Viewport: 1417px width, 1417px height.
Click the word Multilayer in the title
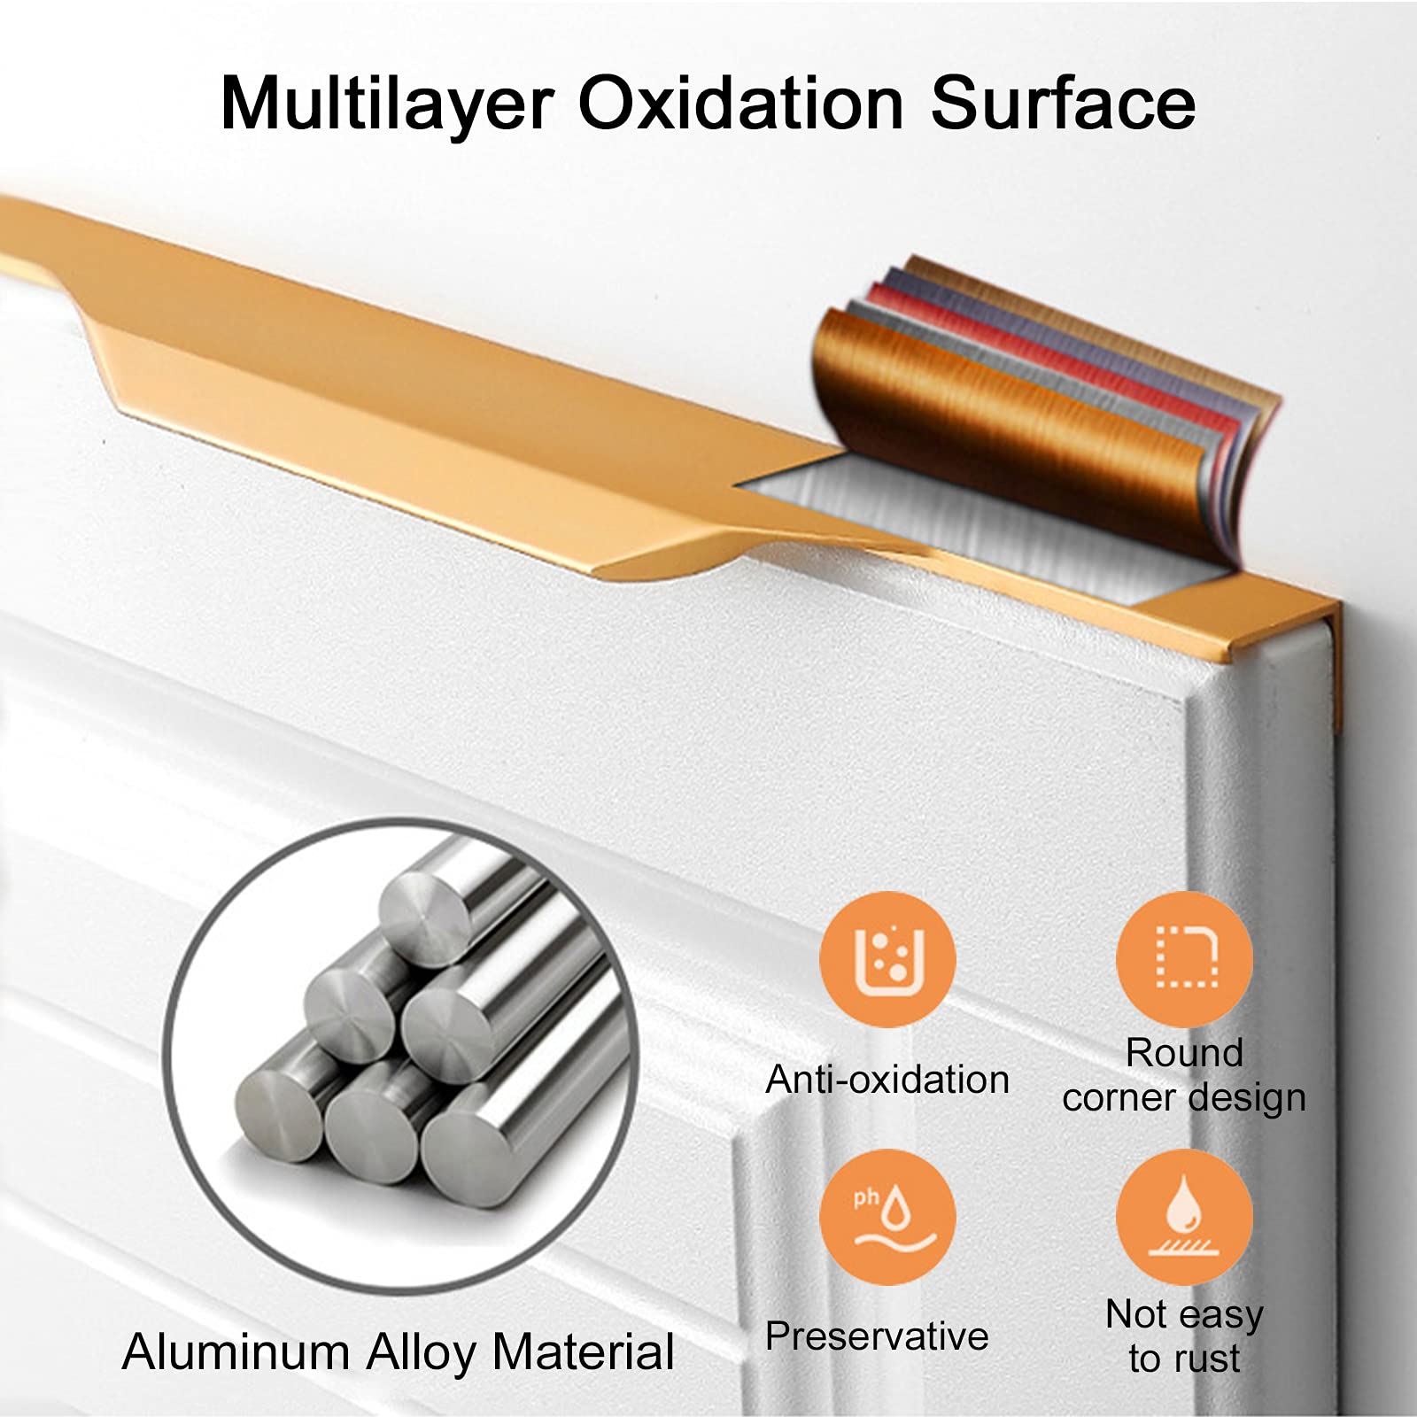pyautogui.click(x=387, y=104)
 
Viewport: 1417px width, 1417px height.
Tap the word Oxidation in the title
pyautogui.click(x=740, y=103)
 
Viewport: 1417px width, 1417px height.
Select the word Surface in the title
pyautogui.click(x=1062, y=103)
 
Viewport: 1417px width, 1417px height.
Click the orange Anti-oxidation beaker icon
pyautogui.click(x=887, y=959)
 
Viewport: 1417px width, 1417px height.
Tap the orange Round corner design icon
pyautogui.click(x=1184, y=959)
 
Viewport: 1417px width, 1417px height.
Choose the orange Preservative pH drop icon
pyautogui.click(x=887, y=1217)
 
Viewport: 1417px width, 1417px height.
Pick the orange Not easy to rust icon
pyautogui.click(x=1184, y=1217)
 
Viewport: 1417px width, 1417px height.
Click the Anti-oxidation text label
pyautogui.click(x=887, y=1080)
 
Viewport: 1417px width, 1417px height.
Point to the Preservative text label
pyautogui.click(x=877, y=1336)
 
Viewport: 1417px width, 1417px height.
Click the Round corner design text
pyautogui.click(x=1184, y=1075)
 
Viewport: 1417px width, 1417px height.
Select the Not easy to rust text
pyautogui.click(x=1184, y=1336)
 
